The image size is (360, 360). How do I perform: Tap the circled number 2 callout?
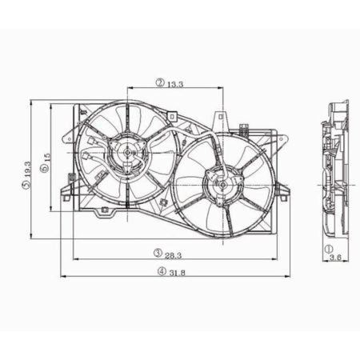[x=160, y=82]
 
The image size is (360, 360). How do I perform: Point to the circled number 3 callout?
[x=158, y=254]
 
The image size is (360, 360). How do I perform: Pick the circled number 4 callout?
[x=162, y=270]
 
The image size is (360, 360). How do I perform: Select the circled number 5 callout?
[x=26, y=186]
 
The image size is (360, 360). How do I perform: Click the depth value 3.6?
[x=335, y=258]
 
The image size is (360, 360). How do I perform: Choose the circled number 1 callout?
[x=329, y=249]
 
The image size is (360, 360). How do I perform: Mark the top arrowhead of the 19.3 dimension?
[x=31, y=103]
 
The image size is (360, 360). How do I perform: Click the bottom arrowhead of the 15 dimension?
[x=53, y=210]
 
